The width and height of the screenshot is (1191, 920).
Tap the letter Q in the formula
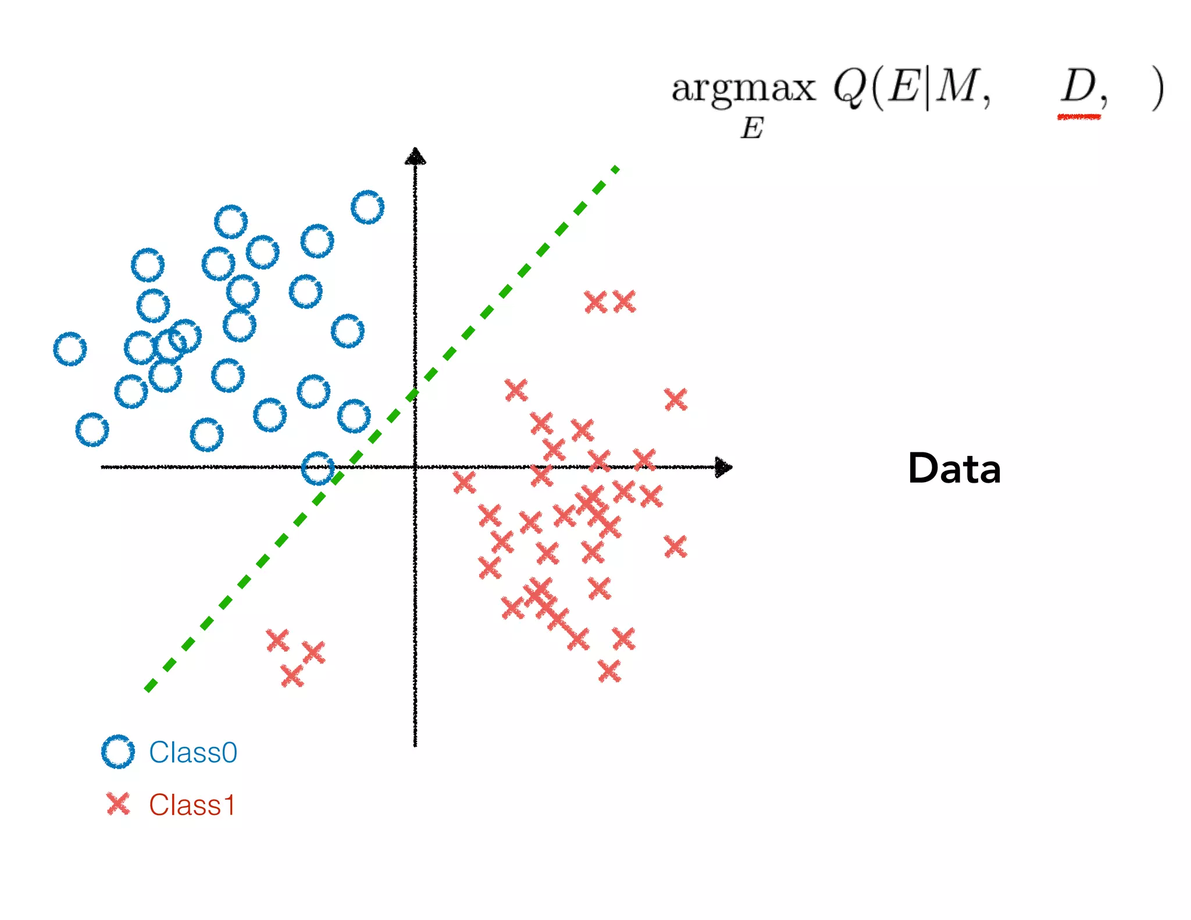tap(850, 88)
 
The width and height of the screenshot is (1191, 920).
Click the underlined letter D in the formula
tap(1078, 87)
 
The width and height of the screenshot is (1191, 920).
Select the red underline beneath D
tap(1079, 117)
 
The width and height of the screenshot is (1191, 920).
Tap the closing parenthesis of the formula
tap(1157, 89)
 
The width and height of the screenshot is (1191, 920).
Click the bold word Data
tap(954, 469)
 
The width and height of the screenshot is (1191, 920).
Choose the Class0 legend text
tap(193, 753)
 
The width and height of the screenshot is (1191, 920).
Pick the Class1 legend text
tap(192, 805)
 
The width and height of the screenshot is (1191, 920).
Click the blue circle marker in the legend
tap(118, 752)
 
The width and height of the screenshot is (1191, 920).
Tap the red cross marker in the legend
tap(118, 804)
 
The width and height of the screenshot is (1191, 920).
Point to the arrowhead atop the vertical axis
tap(415, 156)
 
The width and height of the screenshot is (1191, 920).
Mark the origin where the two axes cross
tap(415, 467)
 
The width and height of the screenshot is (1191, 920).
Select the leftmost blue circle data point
tap(70, 349)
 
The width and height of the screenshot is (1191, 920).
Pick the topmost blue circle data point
tap(368, 207)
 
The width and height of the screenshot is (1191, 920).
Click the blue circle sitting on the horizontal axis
tap(318, 468)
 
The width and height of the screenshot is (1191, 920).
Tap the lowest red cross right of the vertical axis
tap(609, 672)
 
